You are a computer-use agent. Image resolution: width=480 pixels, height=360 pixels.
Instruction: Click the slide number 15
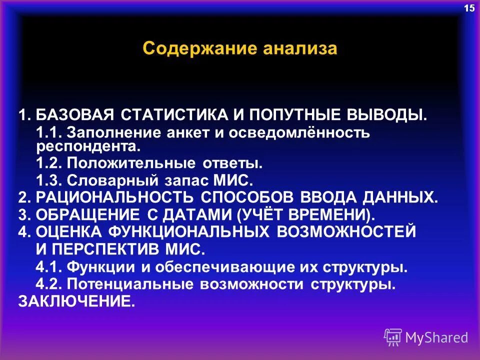(469, 8)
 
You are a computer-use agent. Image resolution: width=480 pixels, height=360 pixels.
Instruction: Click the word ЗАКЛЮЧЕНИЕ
(76, 301)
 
